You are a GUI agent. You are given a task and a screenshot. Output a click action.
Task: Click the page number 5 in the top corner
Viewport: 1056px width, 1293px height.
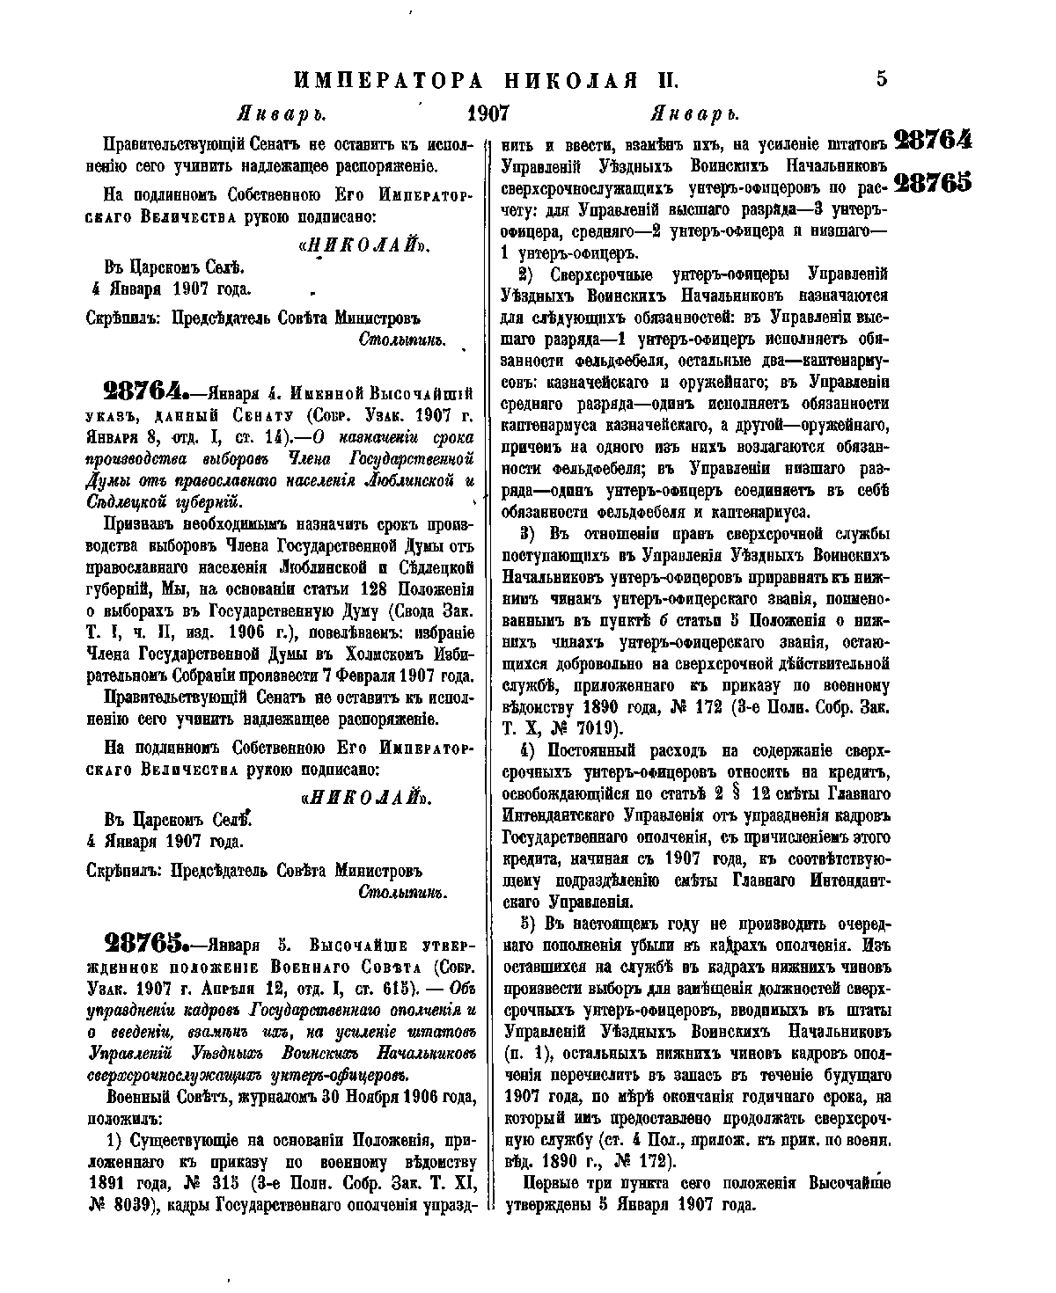(x=882, y=79)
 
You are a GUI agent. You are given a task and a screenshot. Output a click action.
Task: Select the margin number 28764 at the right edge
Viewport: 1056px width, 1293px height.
(x=933, y=141)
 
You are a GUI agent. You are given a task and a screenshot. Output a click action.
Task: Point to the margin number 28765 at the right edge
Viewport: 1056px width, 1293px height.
(x=933, y=182)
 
